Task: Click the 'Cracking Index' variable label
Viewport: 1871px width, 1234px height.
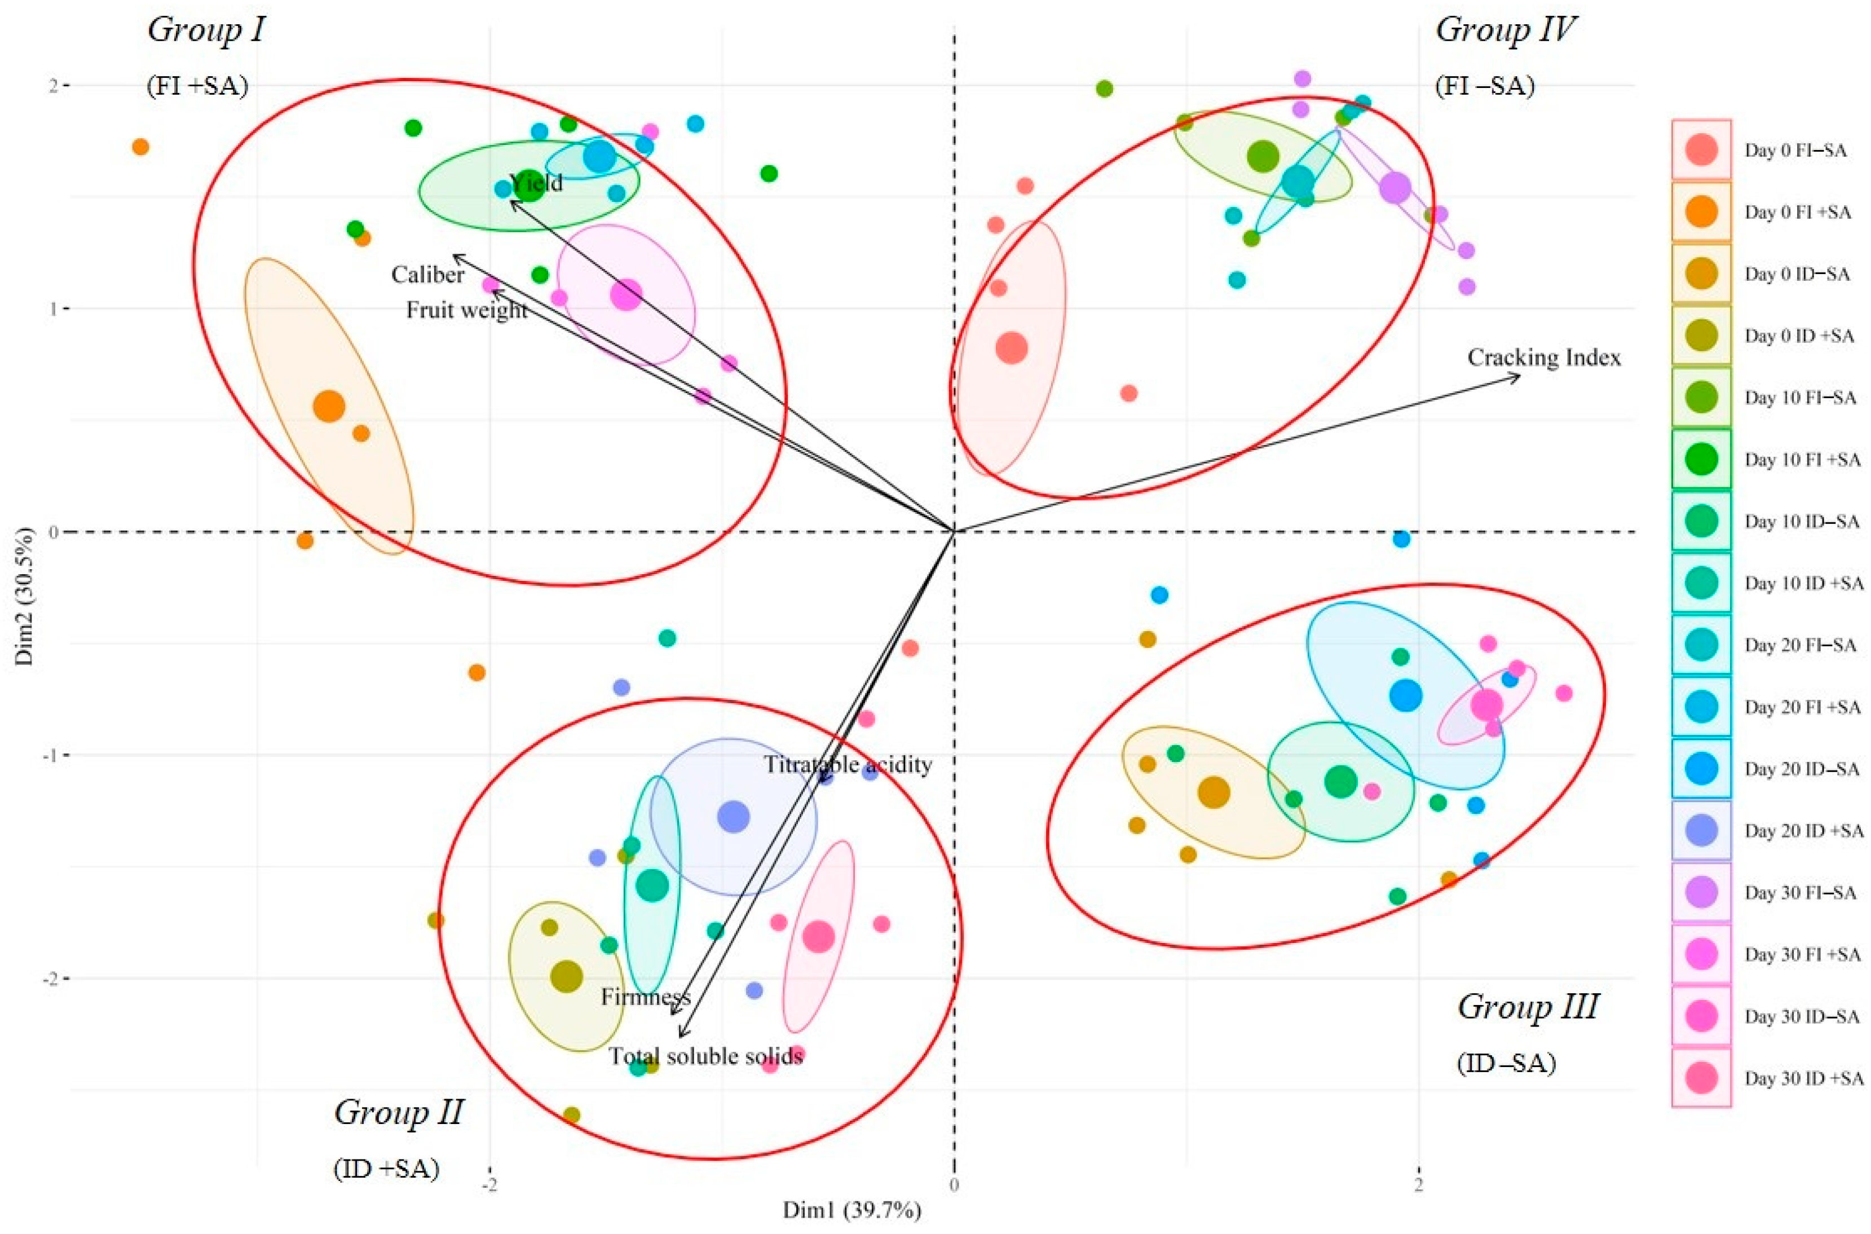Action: (1544, 358)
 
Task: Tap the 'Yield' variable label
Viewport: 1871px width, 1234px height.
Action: (537, 183)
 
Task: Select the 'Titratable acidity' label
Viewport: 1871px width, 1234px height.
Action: (848, 764)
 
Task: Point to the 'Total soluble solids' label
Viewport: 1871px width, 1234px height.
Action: (706, 1055)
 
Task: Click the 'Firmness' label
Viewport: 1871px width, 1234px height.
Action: (645, 997)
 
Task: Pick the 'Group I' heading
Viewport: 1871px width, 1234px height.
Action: (206, 30)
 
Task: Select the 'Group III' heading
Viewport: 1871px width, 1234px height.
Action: (1528, 1007)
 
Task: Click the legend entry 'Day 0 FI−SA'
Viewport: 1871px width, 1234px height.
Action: (1795, 151)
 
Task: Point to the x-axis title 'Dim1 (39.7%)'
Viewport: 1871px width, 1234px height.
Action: (851, 1210)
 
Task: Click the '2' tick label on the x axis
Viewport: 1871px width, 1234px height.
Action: (1419, 1184)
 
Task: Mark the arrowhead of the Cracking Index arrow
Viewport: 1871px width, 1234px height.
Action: (1519, 376)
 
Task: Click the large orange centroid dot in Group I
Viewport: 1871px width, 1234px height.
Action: (329, 406)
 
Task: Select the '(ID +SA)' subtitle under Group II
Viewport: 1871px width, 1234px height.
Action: (386, 1169)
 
